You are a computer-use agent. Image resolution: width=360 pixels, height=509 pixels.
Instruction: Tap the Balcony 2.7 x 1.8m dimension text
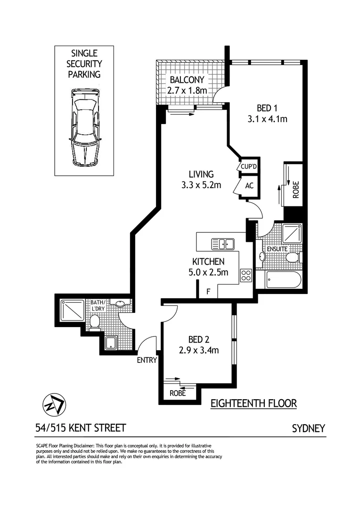(187, 90)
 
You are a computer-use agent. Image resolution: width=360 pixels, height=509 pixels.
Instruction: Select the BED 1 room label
(267, 108)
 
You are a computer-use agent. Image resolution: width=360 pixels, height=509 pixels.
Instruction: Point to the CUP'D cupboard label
(248, 167)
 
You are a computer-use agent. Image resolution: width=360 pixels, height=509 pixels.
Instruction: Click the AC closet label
(249, 185)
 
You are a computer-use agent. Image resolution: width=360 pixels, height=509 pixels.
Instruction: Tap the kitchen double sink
(223, 244)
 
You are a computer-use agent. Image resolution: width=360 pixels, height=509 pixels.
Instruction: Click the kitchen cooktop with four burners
(246, 275)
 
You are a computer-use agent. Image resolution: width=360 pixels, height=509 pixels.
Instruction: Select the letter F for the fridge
(208, 292)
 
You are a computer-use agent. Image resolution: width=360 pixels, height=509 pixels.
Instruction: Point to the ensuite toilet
(293, 257)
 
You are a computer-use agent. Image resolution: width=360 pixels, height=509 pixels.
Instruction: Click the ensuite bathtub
(278, 280)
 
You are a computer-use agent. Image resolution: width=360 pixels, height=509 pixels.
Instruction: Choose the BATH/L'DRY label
(98, 305)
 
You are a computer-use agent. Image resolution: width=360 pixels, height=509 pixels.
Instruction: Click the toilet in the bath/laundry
(95, 321)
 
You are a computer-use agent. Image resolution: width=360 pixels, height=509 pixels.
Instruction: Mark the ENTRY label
(147, 361)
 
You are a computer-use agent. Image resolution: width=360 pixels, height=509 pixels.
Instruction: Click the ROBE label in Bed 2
(177, 393)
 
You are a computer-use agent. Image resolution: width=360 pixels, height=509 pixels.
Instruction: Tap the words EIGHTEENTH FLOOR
(253, 403)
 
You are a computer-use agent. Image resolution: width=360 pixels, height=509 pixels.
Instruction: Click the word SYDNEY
(309, 428)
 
